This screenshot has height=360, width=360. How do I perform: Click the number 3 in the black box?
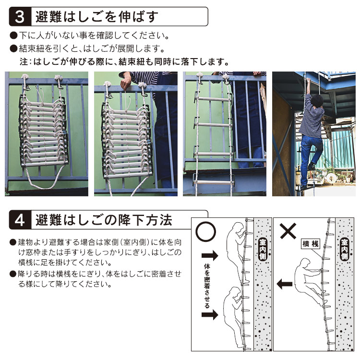(20, 17)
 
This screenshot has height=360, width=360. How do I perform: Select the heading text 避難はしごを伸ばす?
(96, 17)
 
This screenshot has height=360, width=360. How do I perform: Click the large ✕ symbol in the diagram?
(288, 231)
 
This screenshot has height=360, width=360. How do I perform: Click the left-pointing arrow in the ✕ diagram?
(285, 284)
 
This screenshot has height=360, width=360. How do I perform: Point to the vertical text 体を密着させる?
(207, 286)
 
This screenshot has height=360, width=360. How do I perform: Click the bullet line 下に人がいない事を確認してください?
(94, 36)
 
